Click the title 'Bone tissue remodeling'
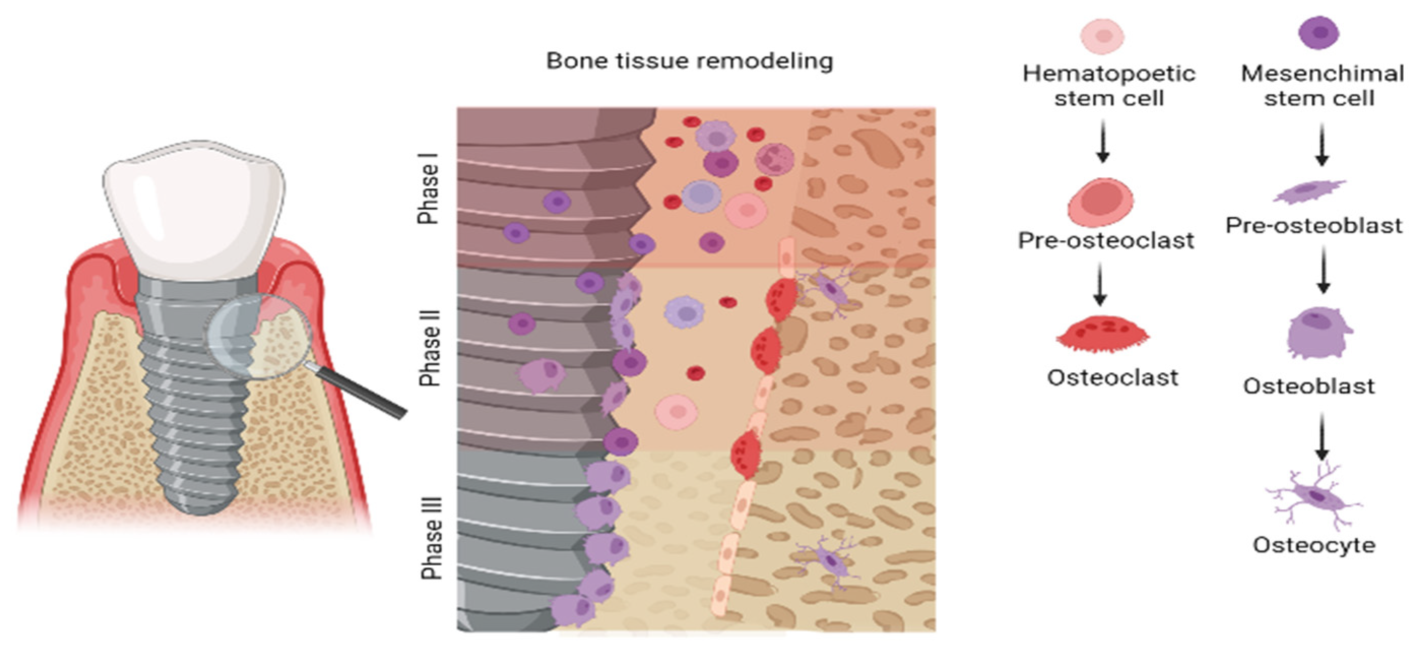(689, 60)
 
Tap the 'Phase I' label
(428, 188)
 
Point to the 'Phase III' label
(432, 538)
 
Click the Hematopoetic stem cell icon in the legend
(1102, 36)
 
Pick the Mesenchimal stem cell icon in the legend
(1319, 32)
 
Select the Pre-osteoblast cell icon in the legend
(1309, 191)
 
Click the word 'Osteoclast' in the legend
(1112, 378)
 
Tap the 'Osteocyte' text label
(1314, 545)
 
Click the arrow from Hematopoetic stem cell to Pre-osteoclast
(1102, 142)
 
